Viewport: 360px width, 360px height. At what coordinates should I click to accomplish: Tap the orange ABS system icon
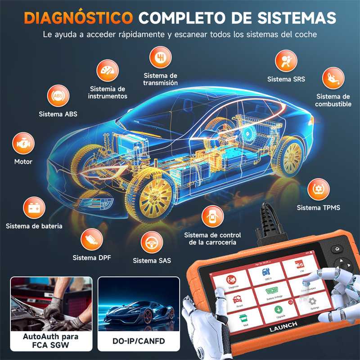coord(58,95)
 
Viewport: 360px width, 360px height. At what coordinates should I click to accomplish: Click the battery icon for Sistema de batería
coord(33,207)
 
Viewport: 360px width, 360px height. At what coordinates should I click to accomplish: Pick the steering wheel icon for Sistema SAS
coord(152,243)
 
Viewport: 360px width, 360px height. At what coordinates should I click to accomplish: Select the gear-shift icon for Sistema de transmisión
coord(160,58)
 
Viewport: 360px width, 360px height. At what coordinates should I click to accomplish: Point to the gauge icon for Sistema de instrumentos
coord(108,71)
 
